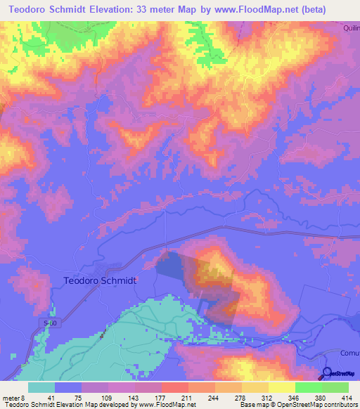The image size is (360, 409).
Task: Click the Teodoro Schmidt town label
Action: [x=100, y=279]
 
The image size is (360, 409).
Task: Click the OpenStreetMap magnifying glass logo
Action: [x=327, y=373]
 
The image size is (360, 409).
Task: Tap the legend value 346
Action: [x=291, y=397]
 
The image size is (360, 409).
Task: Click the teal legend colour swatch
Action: [x=41, y=387]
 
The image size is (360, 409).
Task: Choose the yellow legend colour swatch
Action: [x=281, y=387]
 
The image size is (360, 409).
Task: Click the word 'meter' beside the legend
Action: [x=11, y=397]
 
